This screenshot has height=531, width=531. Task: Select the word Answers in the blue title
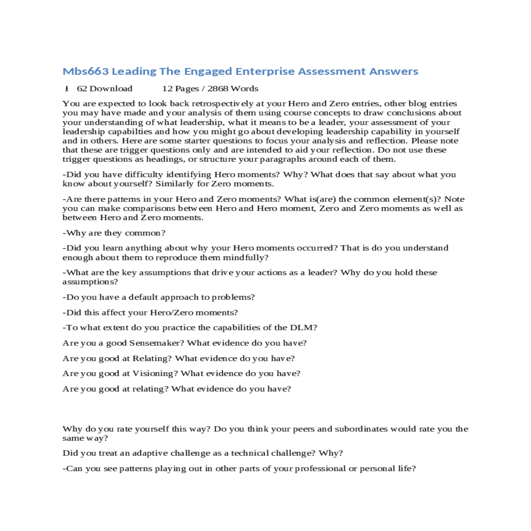(393, 71)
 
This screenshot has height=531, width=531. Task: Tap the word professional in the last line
(320, 469)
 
